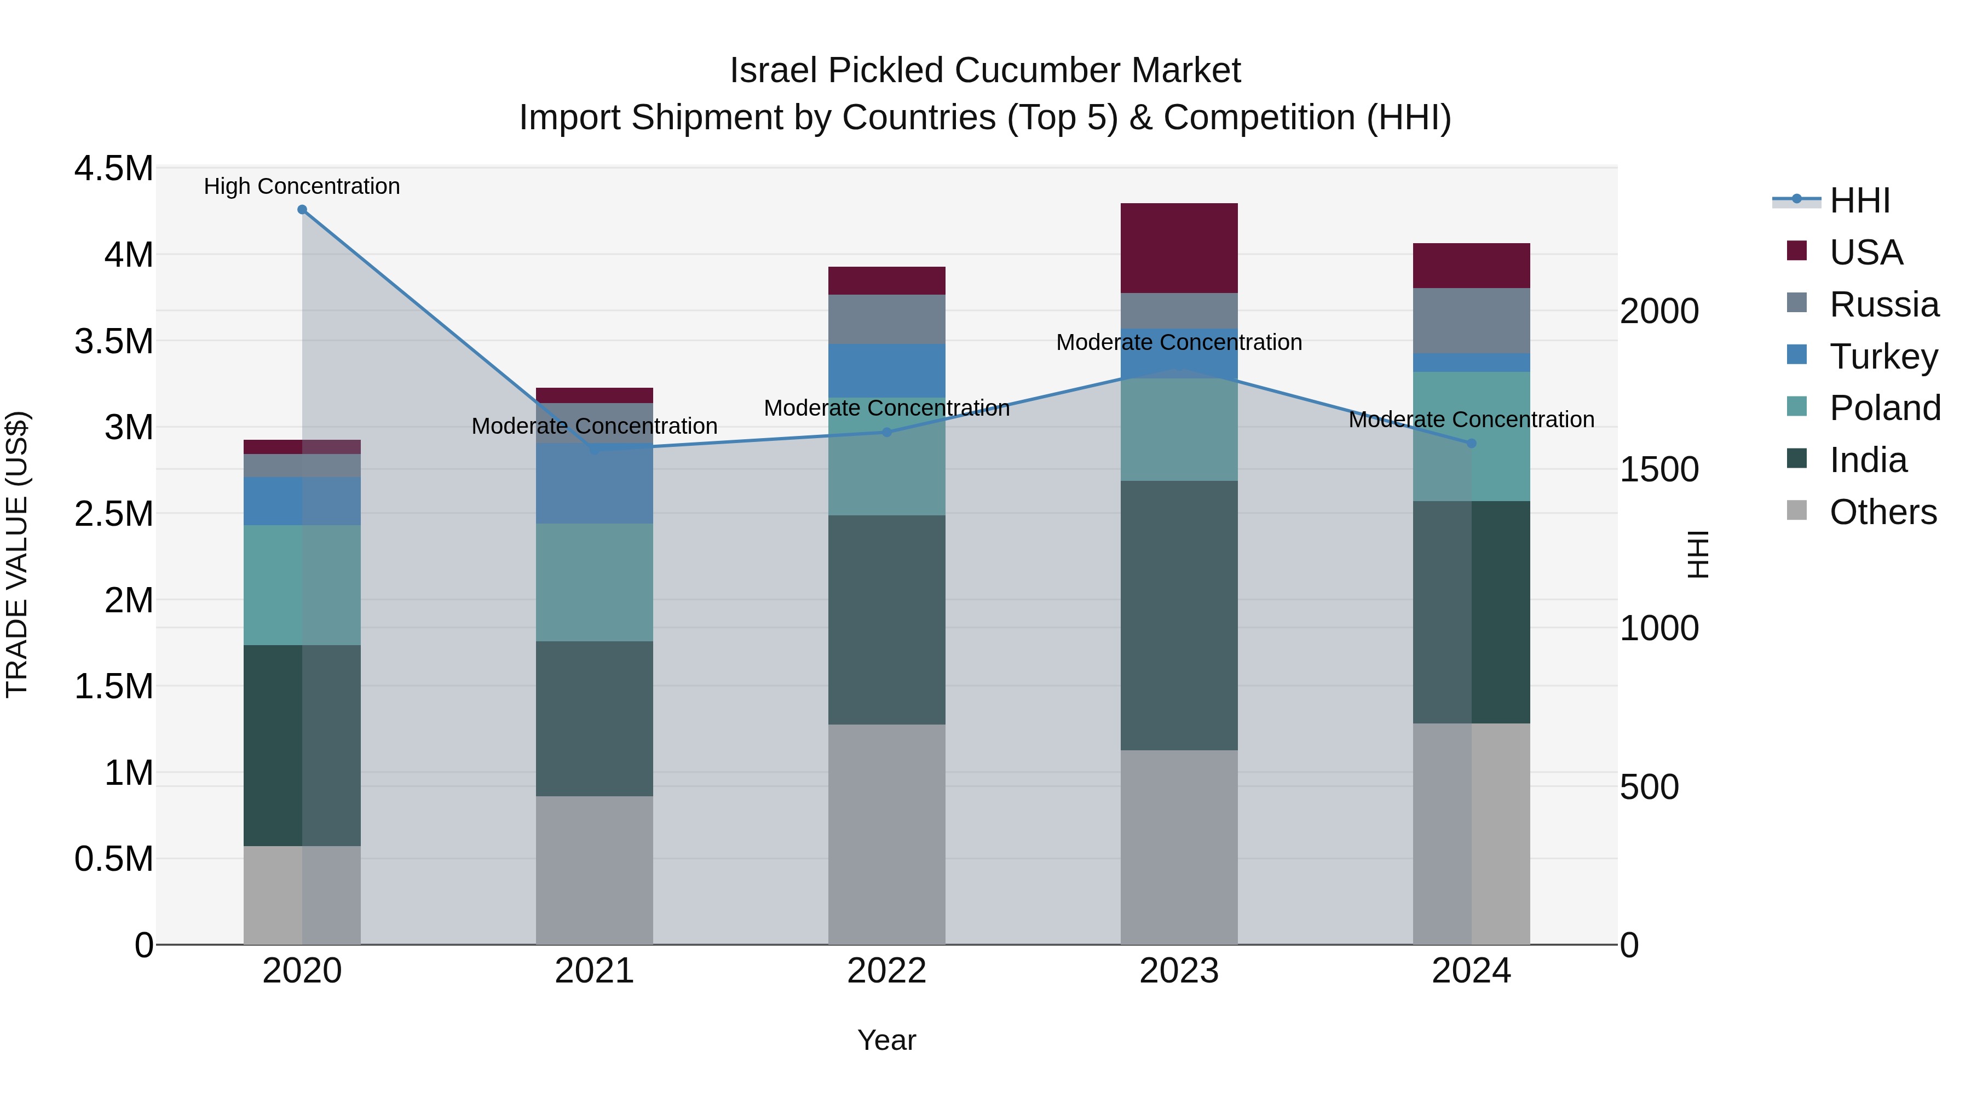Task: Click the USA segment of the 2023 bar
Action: (x=1178, y=248)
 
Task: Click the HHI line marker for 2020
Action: (x=302, y=210)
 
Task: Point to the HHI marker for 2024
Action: (x=1471, y=443)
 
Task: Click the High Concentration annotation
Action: (x=302, y=186)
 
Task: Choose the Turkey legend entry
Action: (x=1882, y=356)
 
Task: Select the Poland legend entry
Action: (x=1884, y=408)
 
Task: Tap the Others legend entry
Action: (x=1882, y=512)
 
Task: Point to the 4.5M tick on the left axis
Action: (x=113, y=168)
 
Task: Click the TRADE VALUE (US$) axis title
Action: (x=17, y=554)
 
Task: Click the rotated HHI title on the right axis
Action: (x=1698, y=554)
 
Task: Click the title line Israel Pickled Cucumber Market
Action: (x=985, y=71)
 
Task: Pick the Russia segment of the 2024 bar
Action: (x=1471, y=321)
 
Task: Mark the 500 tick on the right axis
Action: (x=1649, y=787)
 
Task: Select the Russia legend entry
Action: (x=1884, y=304)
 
